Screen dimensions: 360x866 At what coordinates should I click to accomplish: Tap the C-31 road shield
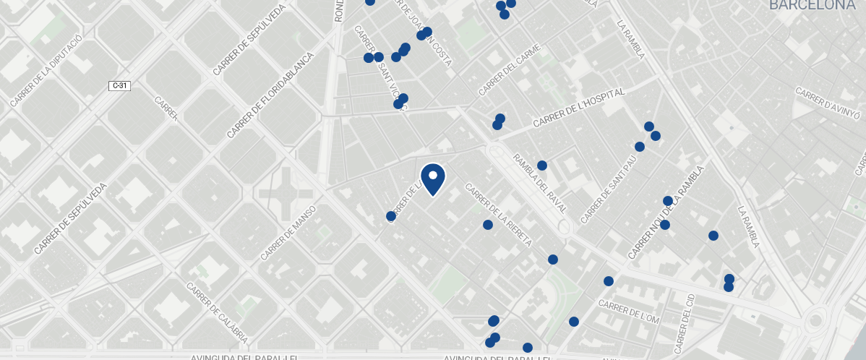[119, 86]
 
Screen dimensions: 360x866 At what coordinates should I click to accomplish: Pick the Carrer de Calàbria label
[217, 312]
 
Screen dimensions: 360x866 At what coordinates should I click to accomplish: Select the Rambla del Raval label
[541, 188]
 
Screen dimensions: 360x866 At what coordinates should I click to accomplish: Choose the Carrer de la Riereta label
[499, 214]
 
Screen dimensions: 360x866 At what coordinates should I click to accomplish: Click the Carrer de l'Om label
[629, 312]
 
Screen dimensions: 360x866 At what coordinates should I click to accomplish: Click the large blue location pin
[432, 179]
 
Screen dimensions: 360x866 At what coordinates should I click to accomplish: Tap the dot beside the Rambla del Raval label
[542, 166]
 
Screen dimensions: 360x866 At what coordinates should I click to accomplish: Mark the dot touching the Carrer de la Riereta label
[487, 225]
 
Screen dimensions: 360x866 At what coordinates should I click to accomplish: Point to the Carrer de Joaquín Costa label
[423, 33]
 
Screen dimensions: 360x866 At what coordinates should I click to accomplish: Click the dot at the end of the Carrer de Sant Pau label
[640, 147]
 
